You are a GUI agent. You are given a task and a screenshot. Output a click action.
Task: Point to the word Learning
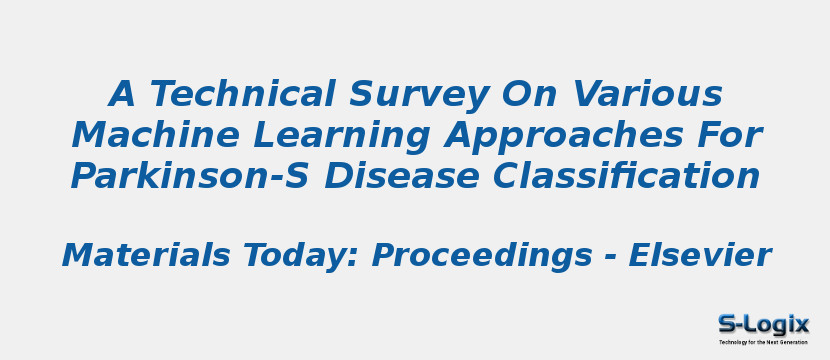(x=329, y=135)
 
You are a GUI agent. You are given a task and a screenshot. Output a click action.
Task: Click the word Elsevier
(x=699, y=256)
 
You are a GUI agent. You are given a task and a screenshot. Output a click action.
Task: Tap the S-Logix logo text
(x=763, y=324)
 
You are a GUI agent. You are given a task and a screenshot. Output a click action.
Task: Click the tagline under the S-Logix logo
(x=763, y=342)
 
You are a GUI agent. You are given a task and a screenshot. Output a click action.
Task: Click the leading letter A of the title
(x=121, y=94)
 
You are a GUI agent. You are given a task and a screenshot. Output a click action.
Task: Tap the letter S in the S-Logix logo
(x=727, y=324)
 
